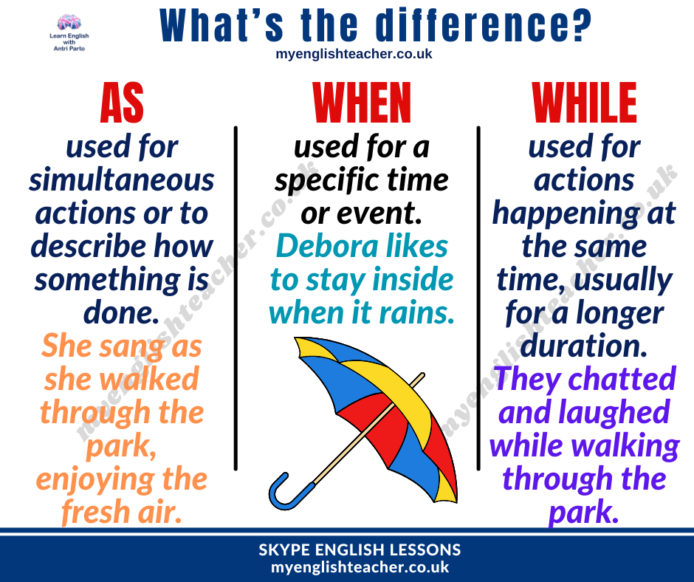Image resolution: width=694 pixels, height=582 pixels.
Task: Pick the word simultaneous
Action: tap(122, 179)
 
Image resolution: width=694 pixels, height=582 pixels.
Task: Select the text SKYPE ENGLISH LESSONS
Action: tap(360, 550)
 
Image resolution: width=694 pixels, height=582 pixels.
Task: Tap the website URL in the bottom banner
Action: tap(360, 567)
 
